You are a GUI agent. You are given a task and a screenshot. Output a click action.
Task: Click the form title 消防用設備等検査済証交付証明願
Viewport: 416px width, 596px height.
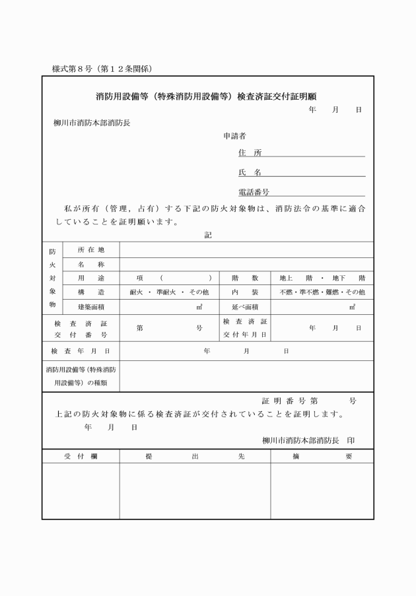210,96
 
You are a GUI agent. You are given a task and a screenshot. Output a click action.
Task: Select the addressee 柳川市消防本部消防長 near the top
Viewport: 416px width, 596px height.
92,123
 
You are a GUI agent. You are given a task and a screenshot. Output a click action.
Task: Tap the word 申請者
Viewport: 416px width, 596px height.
234,137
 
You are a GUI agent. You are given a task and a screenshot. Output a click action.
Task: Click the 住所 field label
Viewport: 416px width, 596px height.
250,152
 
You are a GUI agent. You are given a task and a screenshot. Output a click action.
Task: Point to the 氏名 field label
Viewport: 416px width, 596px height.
250,172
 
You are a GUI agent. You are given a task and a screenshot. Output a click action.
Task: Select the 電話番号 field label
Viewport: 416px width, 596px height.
254,192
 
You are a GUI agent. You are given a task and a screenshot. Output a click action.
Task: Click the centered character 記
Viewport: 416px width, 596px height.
208,234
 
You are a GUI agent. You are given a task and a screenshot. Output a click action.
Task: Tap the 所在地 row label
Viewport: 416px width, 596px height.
90,249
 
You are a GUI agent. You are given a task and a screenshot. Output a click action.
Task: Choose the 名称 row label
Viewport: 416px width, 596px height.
90,264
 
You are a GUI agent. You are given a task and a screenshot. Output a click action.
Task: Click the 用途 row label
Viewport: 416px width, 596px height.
90,278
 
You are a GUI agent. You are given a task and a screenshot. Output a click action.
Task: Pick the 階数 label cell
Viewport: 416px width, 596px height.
244,278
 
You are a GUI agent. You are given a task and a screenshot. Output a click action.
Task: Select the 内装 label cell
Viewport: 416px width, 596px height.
244,292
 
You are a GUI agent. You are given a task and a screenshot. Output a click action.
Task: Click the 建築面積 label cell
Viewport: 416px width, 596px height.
90,307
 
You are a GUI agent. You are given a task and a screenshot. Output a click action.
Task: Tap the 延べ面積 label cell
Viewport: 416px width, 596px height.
244,307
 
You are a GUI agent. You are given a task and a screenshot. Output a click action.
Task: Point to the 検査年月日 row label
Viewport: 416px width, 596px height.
81,351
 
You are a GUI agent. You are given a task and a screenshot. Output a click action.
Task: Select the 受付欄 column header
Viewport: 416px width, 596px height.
81,456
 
